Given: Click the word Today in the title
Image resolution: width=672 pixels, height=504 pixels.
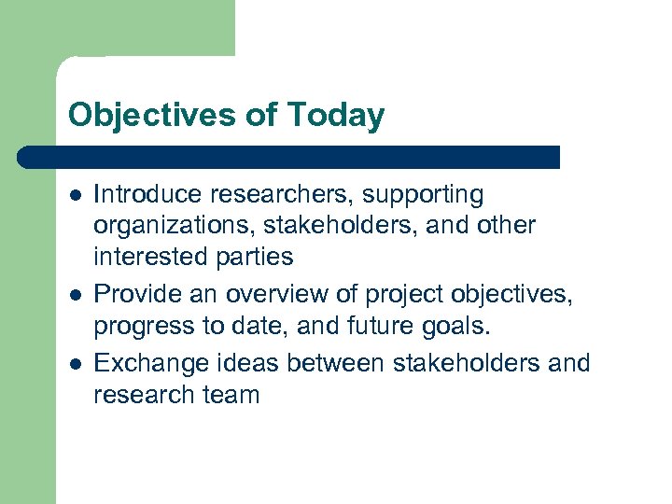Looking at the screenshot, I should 336,116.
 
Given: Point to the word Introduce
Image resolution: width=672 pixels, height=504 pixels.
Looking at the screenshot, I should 149,194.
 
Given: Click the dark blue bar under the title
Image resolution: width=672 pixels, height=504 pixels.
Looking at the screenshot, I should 289,157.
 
